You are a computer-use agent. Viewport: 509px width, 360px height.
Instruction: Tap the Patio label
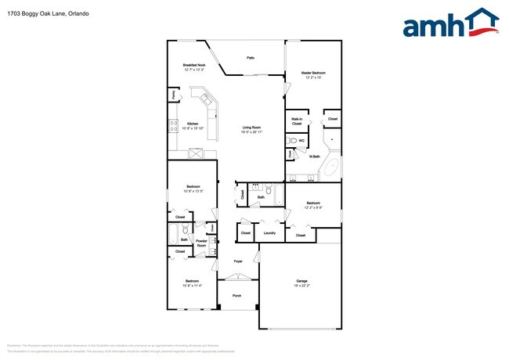point(251,58)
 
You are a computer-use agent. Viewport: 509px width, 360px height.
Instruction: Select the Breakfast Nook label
point(193,65)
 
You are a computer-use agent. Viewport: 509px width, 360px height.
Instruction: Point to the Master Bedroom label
point(313,73)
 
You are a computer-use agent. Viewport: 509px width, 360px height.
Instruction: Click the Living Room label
point(251,128)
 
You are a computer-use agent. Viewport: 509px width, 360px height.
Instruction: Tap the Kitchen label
point(192,124)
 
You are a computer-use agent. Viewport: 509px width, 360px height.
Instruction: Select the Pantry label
point(172,95)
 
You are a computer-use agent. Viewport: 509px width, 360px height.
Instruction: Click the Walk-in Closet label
point(297,121)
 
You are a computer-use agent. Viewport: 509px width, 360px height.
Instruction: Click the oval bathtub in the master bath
point(332,167)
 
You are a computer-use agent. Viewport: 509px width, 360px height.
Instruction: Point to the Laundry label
point(269,232)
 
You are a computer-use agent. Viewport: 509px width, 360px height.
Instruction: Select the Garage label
point(301,281)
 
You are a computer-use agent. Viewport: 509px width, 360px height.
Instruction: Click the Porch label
point(236,296)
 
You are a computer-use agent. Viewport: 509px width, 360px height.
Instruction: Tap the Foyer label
point(237,261)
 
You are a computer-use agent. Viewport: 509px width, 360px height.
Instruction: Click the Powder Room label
point(200,243)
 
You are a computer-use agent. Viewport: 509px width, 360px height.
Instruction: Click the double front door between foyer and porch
point(237,277)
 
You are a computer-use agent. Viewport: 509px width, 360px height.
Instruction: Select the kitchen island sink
point(207,99)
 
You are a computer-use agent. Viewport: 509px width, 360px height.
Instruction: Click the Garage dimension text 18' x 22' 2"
point(301,286)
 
